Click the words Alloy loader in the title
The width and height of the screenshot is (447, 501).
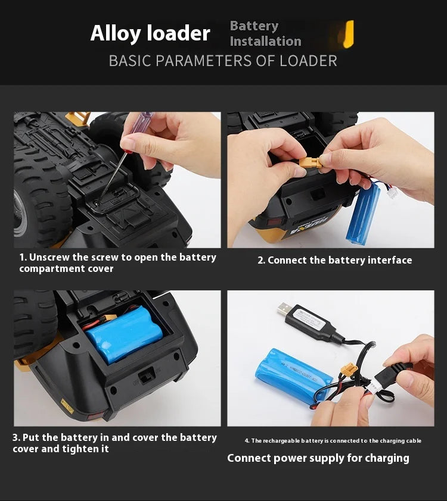point(150,33)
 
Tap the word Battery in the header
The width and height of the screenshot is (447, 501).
point(254,26)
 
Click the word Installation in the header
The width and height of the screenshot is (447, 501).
point(266,41)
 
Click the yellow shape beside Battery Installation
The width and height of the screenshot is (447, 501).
point(349,34)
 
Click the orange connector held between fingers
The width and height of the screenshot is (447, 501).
point(311,162)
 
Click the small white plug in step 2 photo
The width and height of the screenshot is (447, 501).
point(392,192)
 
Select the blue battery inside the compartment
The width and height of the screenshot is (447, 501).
point(125,334)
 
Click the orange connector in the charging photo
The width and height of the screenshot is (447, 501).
point(349,370)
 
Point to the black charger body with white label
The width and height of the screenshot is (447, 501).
point(310,322)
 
